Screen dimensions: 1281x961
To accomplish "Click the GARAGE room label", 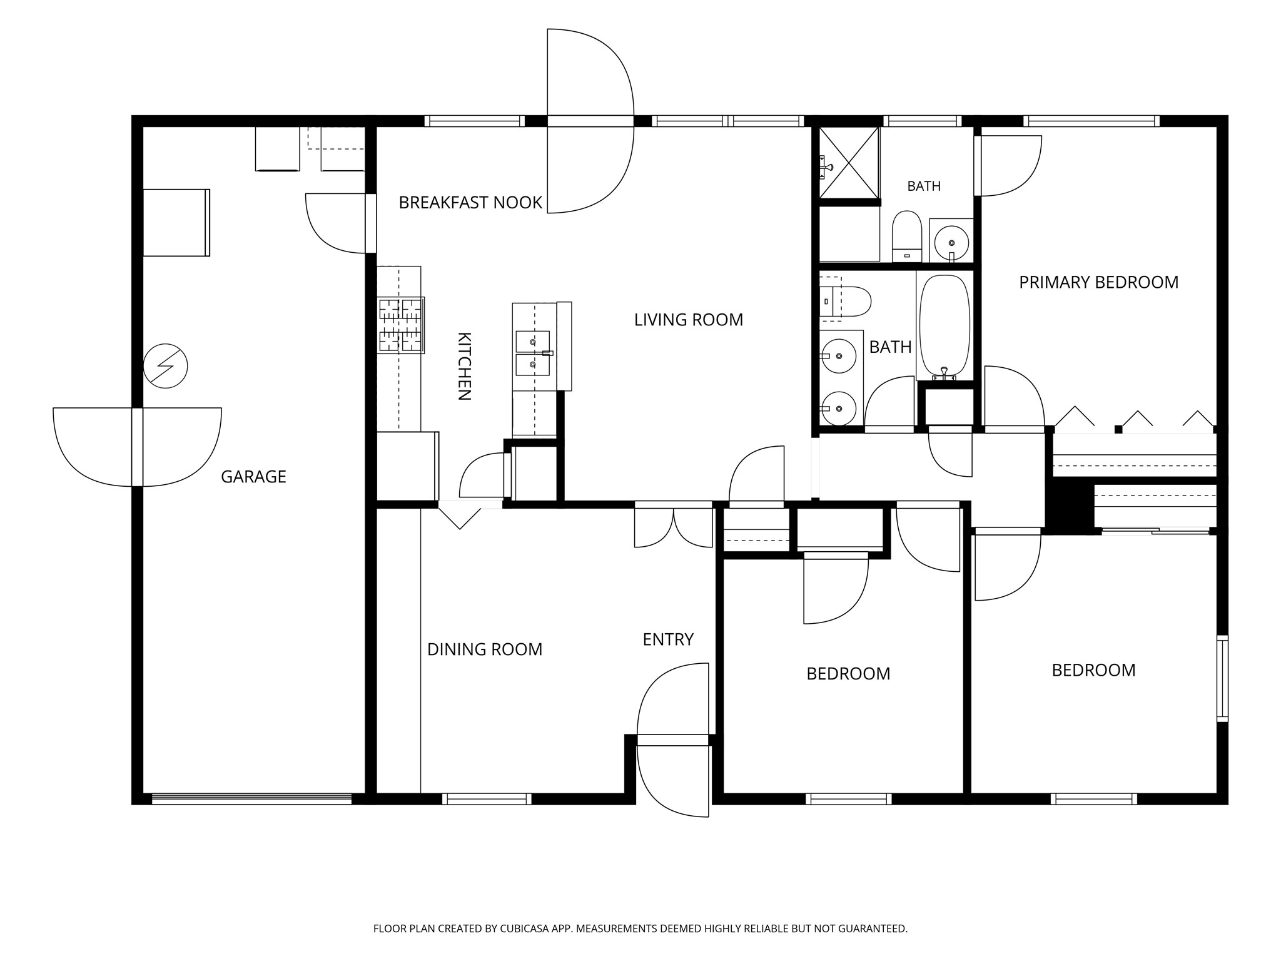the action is (x=253, y=477).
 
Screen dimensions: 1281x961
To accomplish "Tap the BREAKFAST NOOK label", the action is (x=470, y=203).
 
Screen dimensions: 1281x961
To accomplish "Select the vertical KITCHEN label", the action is (x=464, y=366).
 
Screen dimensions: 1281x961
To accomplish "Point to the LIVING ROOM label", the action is (x=689, y=320).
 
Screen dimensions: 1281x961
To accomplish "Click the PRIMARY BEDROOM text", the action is (x=1099, y=282).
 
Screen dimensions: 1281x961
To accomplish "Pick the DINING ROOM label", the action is (x=485, y=649).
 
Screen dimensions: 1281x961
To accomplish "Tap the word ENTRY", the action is (x=668, y=639).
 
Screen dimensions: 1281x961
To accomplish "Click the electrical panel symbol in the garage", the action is (x=165, y=366).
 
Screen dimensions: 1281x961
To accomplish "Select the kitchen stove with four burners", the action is (x=401, y=325).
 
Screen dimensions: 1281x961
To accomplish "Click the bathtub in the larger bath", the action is (x=944, y=327).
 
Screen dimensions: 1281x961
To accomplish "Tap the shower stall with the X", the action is (x=849, y=162).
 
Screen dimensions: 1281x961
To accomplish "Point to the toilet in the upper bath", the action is (x=907, y=236).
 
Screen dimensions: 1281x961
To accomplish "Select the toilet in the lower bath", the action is (x=845, y=302).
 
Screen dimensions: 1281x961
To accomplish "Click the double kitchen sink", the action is (x=533, y=353).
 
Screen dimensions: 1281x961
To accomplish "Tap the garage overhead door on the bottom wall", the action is (x=251, y=798).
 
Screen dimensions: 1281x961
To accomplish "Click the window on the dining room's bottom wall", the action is (x=487, y=798).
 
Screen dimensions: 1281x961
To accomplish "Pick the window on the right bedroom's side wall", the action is (x=1222, y=679).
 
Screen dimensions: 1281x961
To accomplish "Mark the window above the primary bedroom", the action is (x=1091, y=121).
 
